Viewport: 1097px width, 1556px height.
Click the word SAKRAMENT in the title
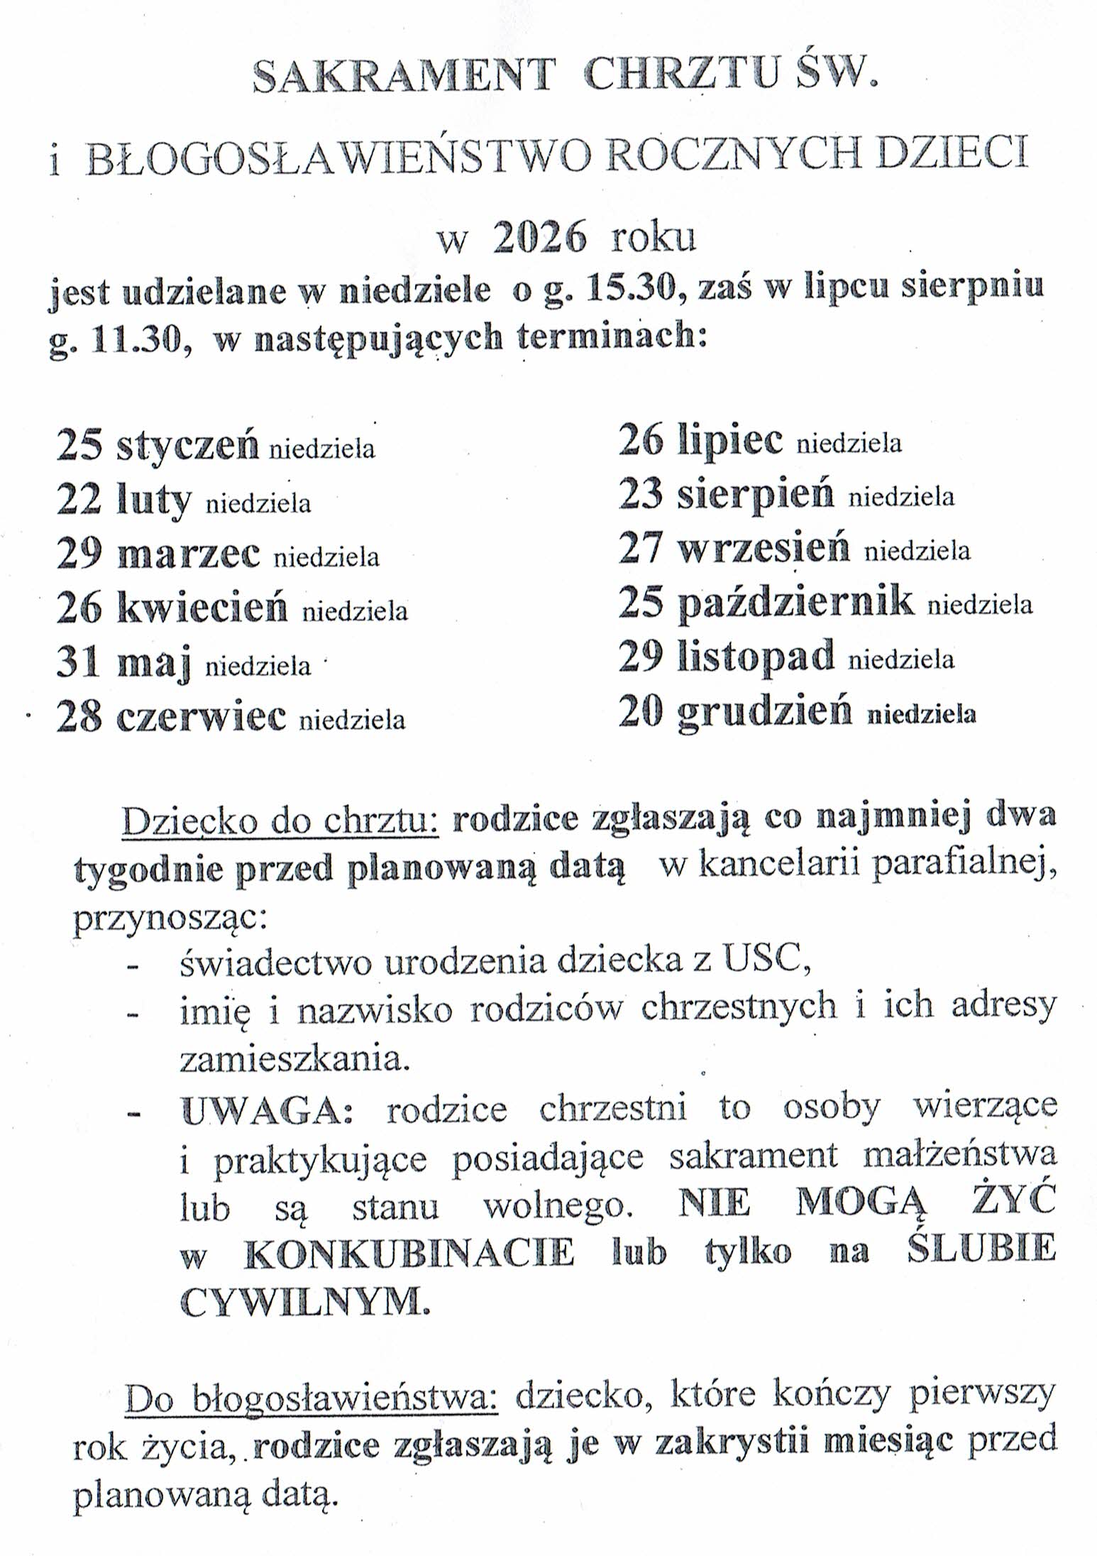pos(402,76)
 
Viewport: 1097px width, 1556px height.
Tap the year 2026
pos(540,239)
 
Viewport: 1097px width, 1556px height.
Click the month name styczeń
pos(187,446)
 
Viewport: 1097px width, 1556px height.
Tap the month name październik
pos(795,603)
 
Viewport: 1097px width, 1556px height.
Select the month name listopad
pos(756,657)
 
